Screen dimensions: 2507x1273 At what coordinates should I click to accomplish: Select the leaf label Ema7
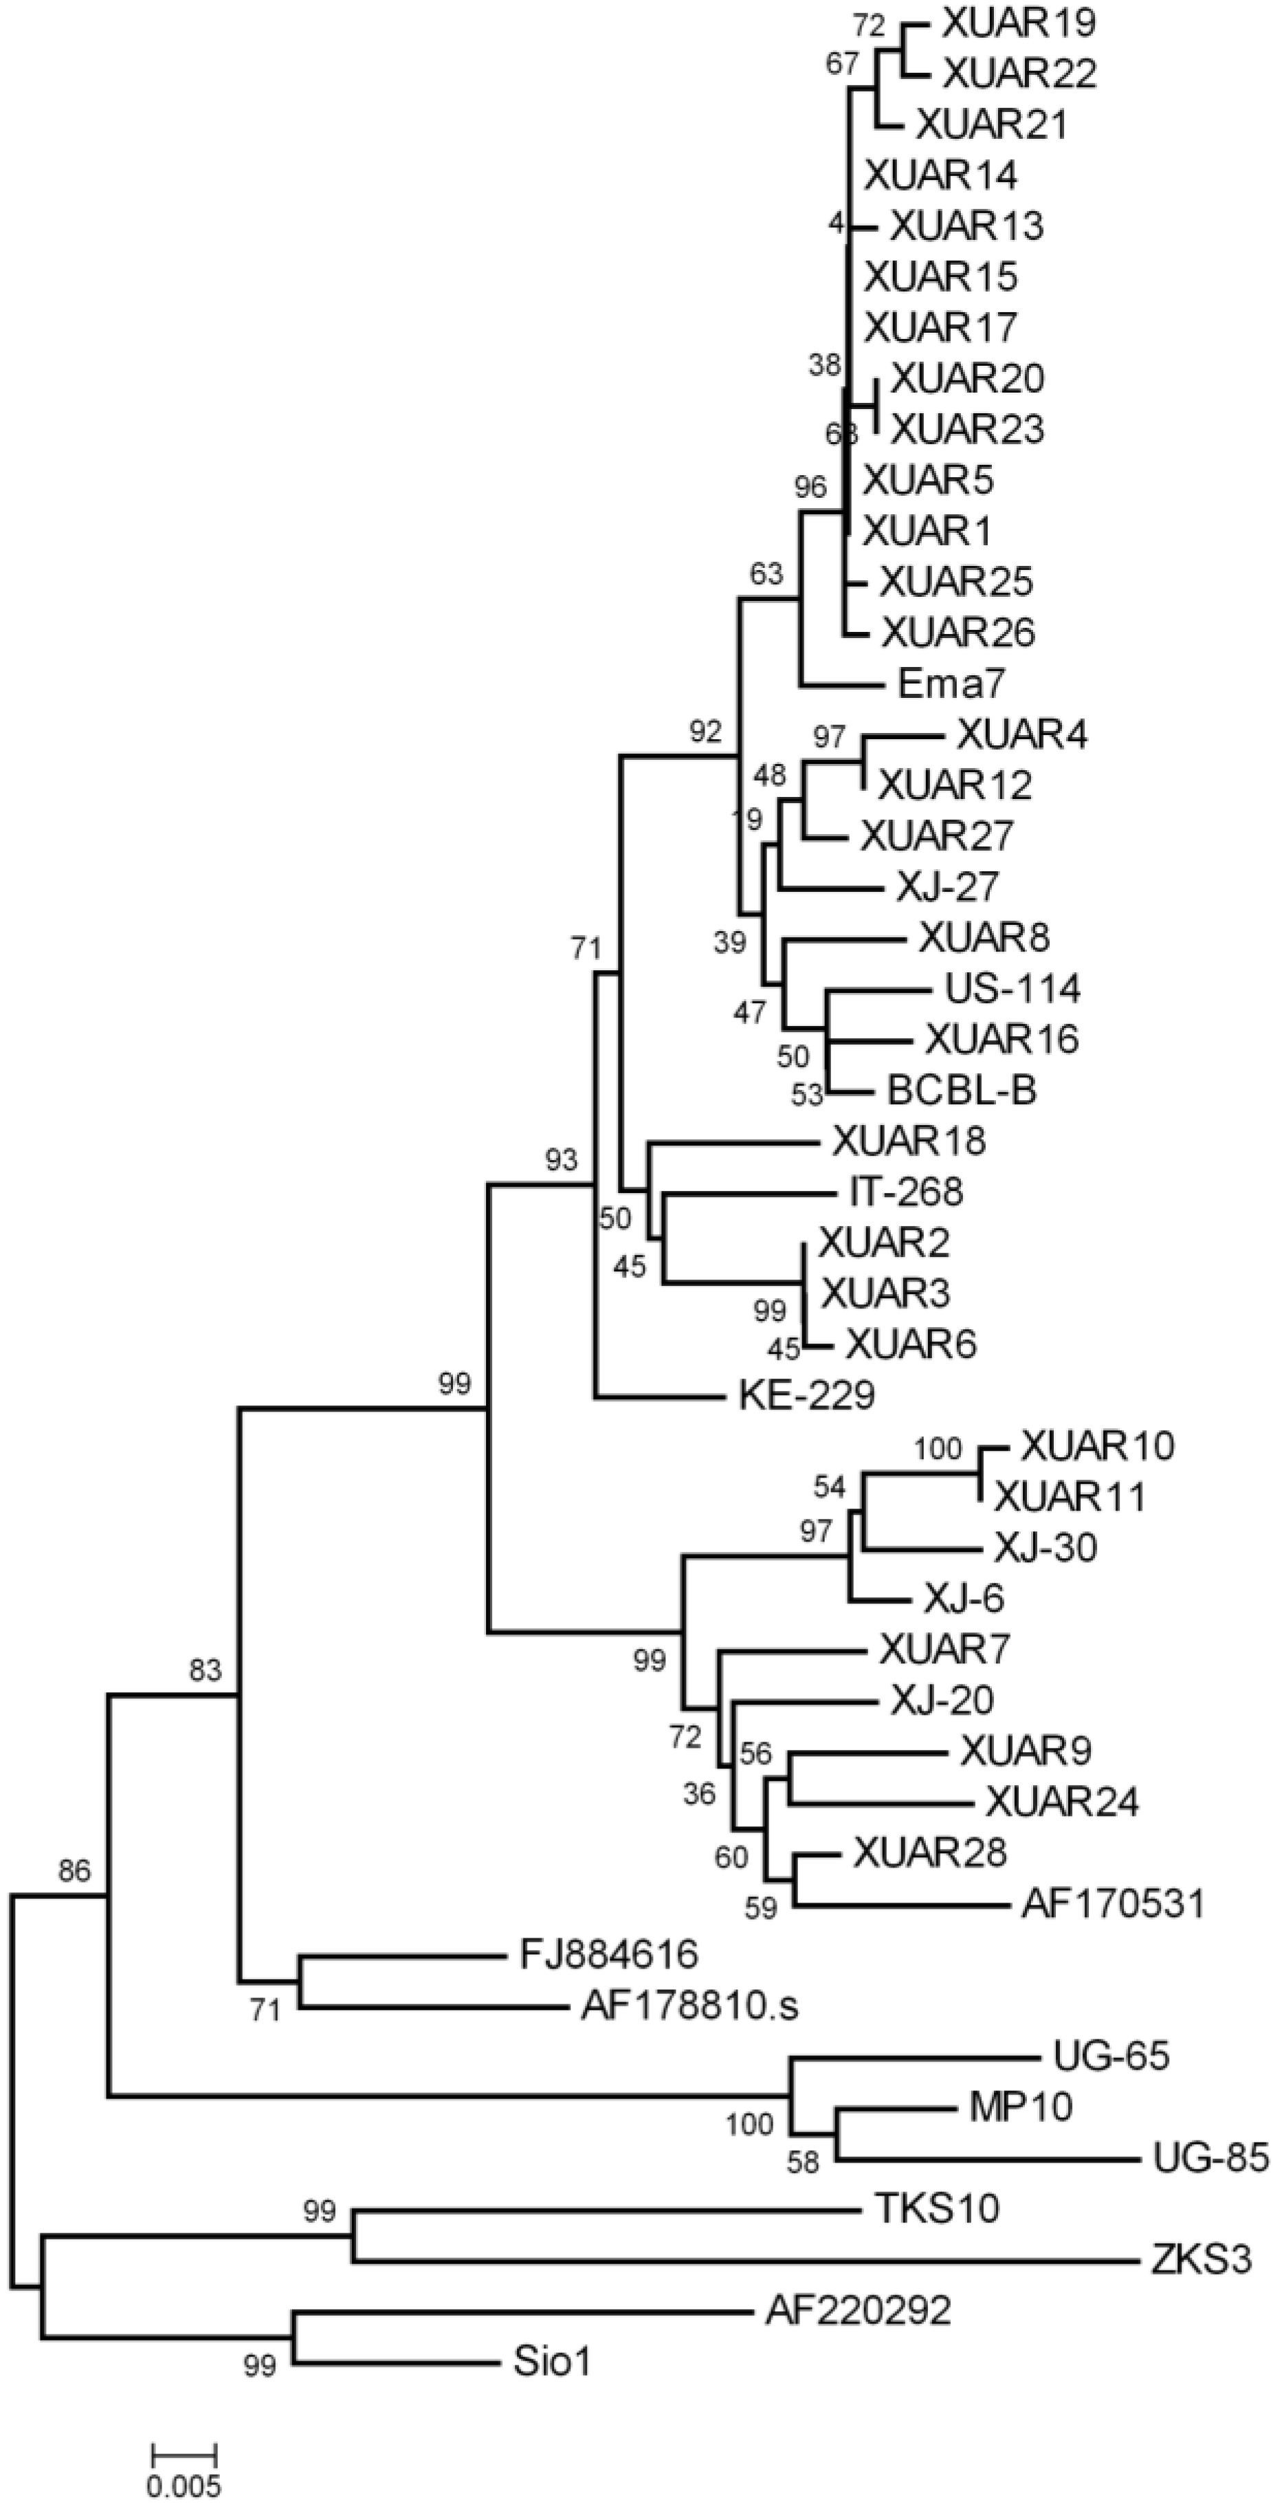(950, 684)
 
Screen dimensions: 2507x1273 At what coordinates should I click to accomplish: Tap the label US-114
(1012, 989)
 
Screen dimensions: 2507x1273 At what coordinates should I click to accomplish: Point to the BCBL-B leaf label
(962, 1091)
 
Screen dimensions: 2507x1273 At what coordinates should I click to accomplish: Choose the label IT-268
(900, 1191)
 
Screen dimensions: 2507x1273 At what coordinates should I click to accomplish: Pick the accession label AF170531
(1112, 1903)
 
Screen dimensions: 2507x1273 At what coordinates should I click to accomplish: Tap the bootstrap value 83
(206, 1670)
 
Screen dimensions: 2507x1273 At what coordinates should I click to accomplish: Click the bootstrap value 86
(74, 1870)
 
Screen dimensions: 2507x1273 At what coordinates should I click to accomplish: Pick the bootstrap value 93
(561, 1159)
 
